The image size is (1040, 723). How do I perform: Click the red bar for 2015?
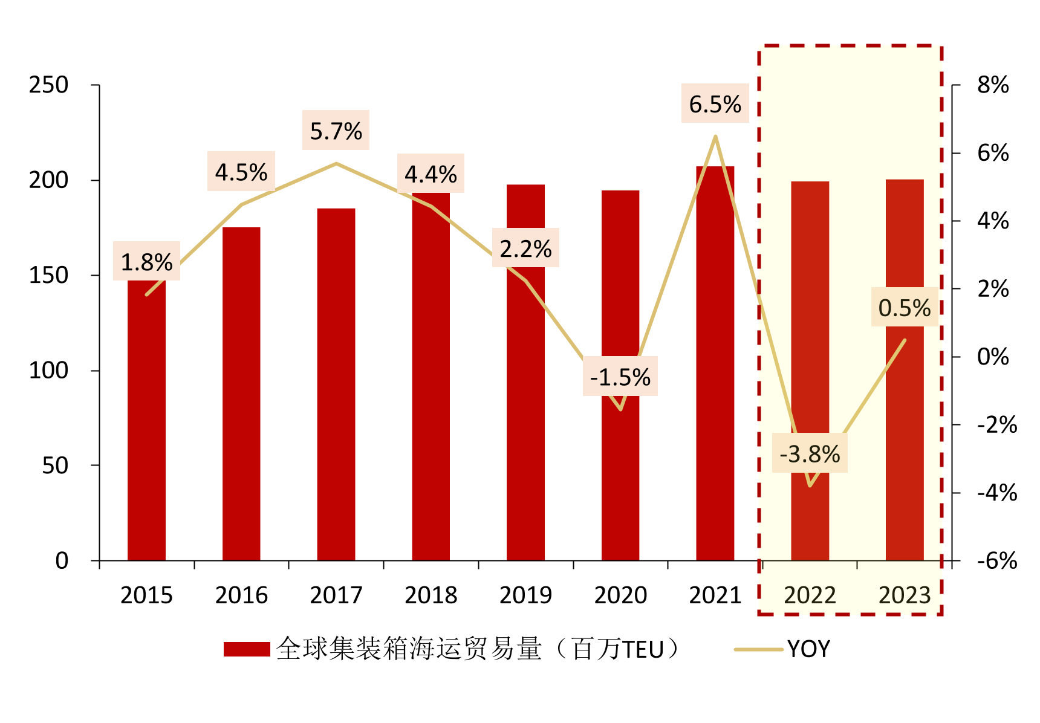(146, 423)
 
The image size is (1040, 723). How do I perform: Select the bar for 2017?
(336, 387)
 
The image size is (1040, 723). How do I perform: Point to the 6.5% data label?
(715, 105)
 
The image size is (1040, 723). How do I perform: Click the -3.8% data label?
(810, 454)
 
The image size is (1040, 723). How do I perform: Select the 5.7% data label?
(336, 131)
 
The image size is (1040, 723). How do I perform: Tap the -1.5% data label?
(620, 377)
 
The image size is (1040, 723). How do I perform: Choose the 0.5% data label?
(904, 308)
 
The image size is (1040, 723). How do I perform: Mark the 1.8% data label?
(146, 262)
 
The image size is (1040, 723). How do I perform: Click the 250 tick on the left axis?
(48, 85)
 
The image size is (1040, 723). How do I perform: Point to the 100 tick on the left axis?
(48, 371)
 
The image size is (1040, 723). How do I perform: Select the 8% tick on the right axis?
(993, 85)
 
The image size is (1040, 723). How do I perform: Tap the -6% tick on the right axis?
(996, 561)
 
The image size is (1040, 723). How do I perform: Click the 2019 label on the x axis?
(525, 595)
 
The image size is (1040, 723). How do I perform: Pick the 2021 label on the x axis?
(715, 595)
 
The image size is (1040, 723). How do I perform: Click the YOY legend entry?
(808, 649)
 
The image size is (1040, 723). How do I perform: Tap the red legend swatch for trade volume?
(247, 649)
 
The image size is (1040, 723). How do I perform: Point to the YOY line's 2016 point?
(241, 204)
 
